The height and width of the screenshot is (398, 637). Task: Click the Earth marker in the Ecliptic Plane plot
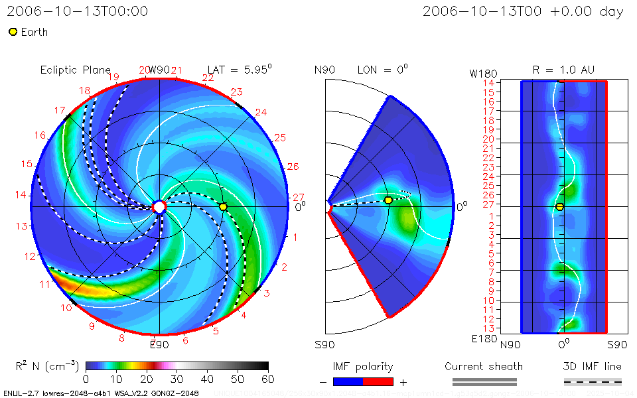coord(223,207)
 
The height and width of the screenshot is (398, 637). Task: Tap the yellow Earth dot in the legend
coord(13,32)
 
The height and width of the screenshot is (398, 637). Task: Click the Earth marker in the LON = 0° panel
coord(388,200)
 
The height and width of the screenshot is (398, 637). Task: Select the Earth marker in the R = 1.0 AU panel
coord(560,207)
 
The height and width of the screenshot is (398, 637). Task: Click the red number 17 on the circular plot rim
coord(60,110)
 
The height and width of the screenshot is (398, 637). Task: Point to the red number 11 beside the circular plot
coord(44,285)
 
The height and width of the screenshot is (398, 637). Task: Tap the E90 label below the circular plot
coord(159,344)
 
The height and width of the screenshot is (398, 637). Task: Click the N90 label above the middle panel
coord(324,70)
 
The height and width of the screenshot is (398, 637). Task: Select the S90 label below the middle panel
coord(324,344)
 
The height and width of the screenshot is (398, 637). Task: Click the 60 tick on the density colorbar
coord(268,379)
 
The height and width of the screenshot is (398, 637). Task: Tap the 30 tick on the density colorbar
coord(177,379)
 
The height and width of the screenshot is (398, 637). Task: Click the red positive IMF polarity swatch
coord(378,381)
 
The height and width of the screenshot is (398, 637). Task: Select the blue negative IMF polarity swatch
coord(348,381)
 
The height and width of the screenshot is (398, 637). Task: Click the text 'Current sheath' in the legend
coord(484,366)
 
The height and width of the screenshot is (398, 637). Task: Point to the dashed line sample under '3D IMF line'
coord(593,381)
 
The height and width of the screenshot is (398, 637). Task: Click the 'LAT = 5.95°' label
coord(240,70)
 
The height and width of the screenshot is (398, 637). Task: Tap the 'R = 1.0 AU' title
coord(563,70)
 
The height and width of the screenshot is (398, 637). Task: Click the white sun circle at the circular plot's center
coord(159,207)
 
